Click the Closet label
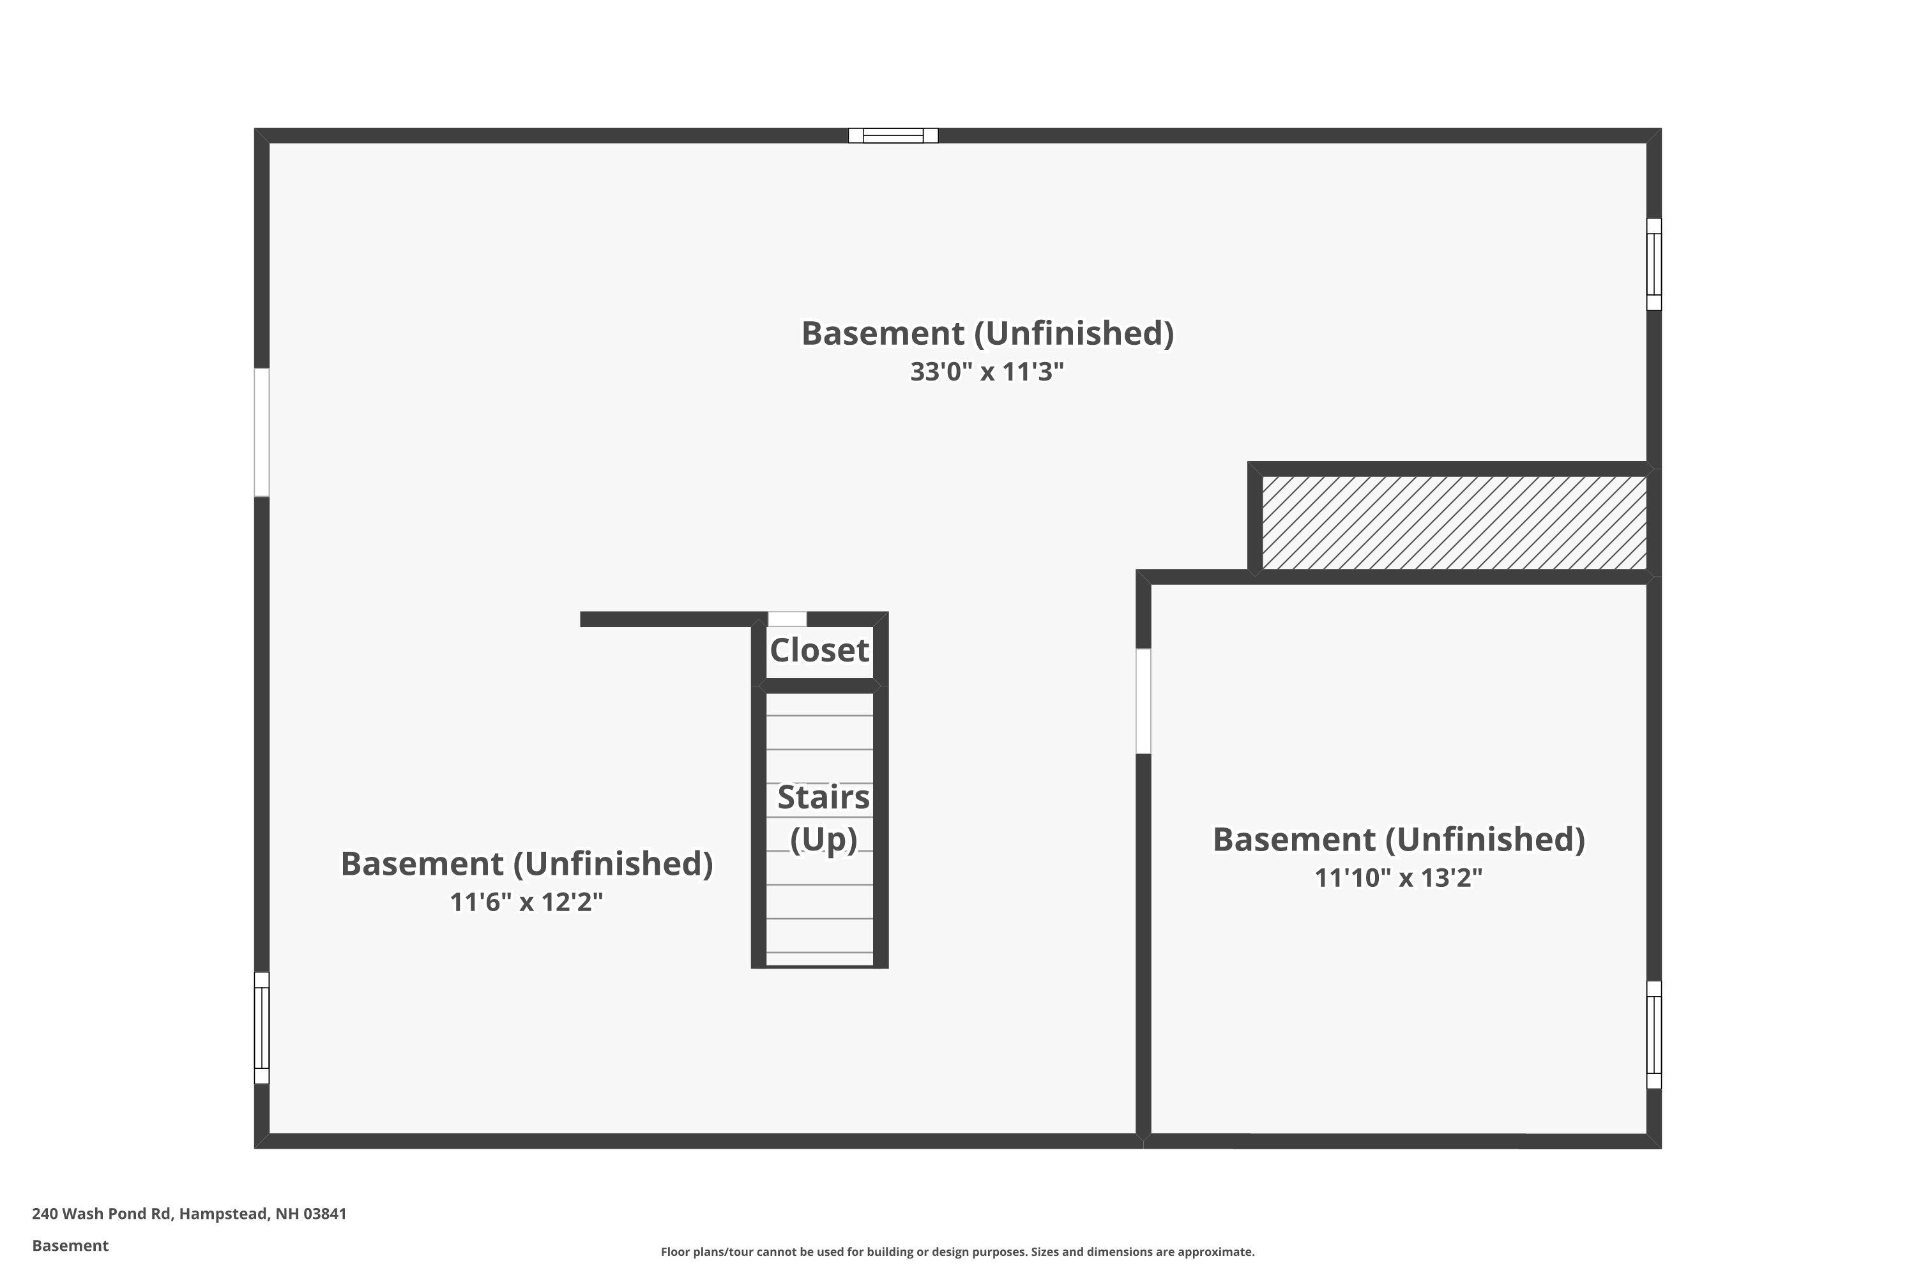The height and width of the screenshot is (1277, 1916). [819, 650]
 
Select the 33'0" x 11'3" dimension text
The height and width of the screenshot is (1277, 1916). [987, 372]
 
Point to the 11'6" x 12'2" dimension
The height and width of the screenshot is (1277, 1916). [526, 902]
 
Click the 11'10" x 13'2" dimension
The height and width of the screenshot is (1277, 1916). [1398, 877]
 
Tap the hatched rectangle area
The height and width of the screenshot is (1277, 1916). [1454, 522]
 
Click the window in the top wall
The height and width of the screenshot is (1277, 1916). [893, 135]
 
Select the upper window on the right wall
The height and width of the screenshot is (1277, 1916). [1654, 264]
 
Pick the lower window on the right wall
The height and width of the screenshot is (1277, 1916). [1654, 1034]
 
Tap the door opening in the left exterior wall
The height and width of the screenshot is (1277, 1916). [261, 432]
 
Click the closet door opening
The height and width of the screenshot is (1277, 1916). [787, 619]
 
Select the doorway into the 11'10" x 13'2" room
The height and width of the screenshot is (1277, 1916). [1143, 700]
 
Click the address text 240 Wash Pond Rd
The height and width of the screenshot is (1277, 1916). [102, 1214]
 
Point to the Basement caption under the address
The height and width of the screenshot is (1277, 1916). [70, 1245]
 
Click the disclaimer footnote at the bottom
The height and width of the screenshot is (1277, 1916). [957, 1251]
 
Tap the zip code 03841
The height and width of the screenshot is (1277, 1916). [325, 1214]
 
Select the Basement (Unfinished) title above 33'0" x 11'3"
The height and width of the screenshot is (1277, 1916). [987, 333]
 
